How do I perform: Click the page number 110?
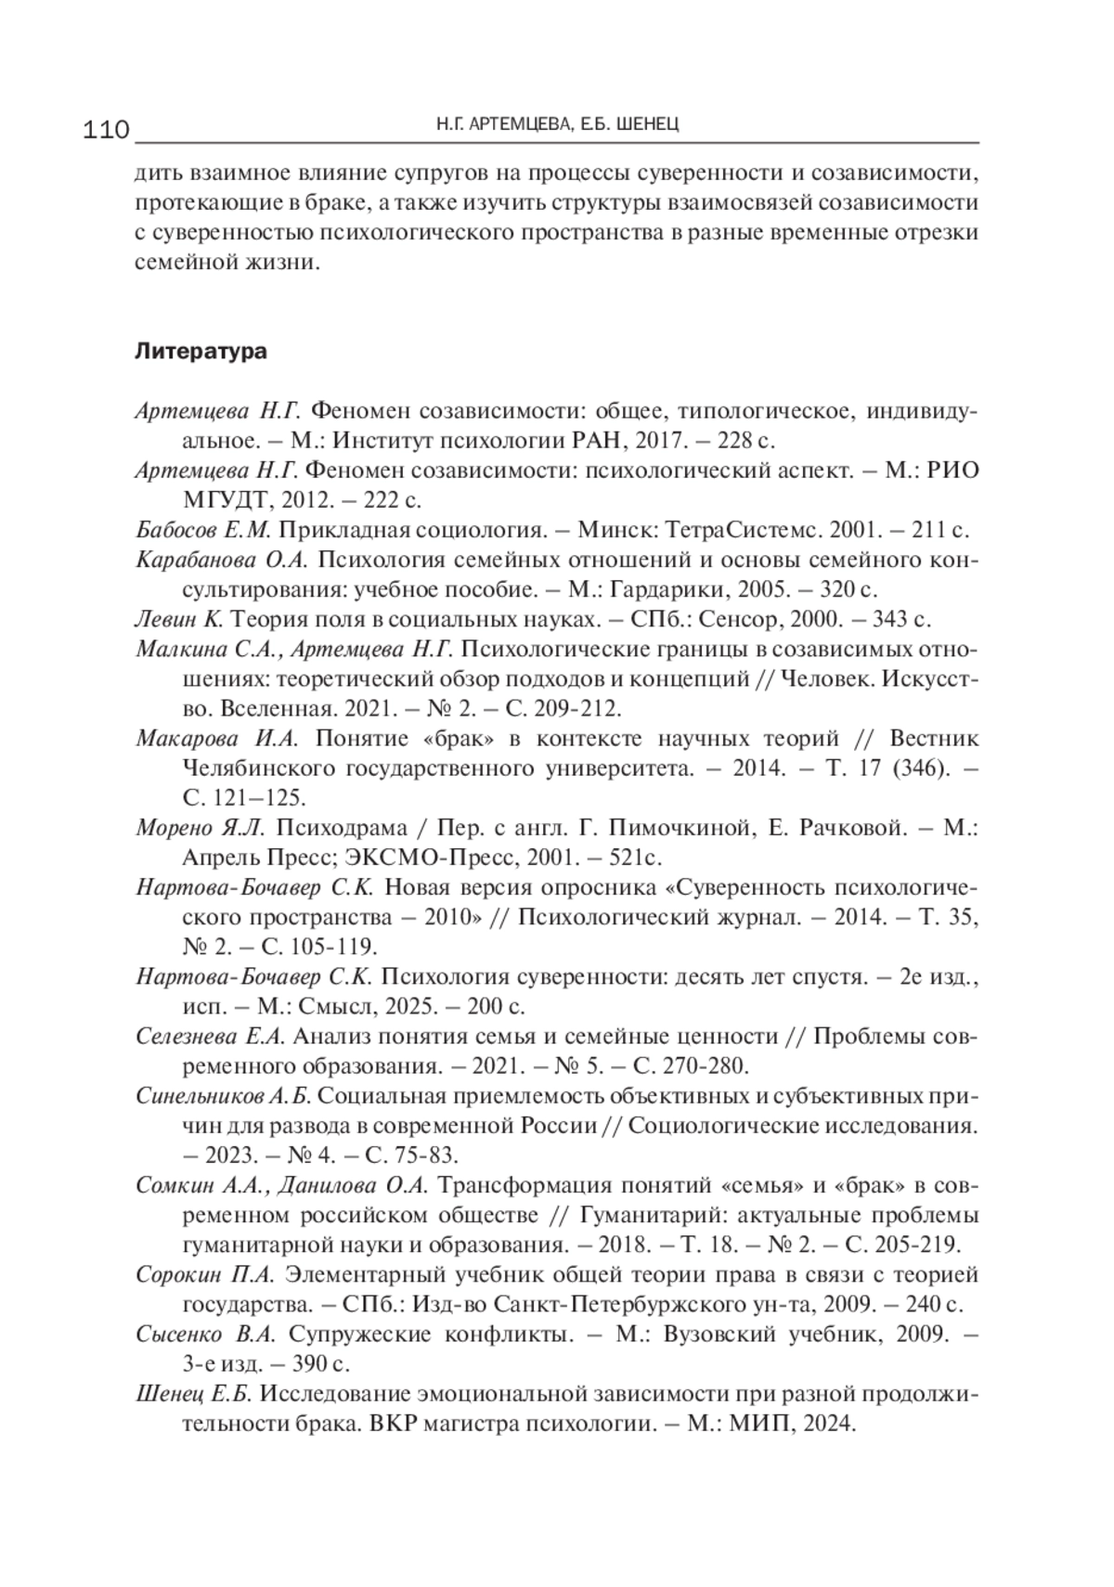106,129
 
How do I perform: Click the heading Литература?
201,352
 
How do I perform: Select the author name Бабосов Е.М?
203,530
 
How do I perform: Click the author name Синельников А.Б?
223,1095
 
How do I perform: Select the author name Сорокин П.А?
205,1274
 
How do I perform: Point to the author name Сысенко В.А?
205,1334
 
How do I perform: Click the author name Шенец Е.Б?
193,1393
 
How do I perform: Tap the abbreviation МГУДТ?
227,500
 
